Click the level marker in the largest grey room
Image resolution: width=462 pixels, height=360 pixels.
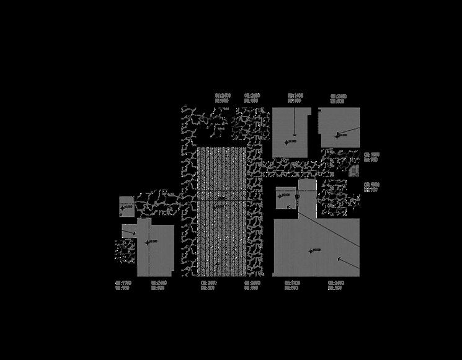click(x=311, y=250)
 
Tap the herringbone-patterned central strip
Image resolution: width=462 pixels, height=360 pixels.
click(x=221, y=211)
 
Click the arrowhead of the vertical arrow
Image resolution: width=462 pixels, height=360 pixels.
click(x=295, y=134)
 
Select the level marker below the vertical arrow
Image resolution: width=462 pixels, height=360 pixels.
click(x=287, y=143)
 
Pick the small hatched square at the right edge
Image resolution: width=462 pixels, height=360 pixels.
click(x=354, y=170)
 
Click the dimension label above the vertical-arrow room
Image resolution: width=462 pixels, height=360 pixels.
click(x=295, y=98)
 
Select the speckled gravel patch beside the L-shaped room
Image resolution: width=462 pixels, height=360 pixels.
click(x=125, y=251)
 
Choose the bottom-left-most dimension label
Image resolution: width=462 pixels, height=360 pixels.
click(x=122, y=285)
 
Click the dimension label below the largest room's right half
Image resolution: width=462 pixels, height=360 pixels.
click(x=336, y=285)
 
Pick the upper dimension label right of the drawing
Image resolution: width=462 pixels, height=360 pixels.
click(x=371, y=157)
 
